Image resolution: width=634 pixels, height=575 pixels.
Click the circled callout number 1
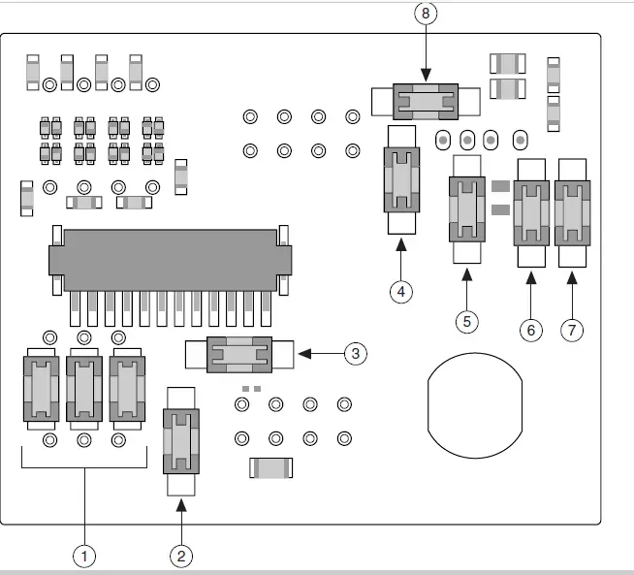click(x=84, y=556)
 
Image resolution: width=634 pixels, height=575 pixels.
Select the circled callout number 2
click(x=181, y=556)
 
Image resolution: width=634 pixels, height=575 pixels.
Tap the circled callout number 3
click(x=356, y=353)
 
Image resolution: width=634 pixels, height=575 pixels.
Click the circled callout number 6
click(x=530, y=330)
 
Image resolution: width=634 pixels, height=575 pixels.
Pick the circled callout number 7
click(x=572, y=330)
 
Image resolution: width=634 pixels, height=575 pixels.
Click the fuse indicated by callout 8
click(x=424, y=99)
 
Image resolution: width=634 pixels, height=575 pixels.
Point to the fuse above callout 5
click(x=467, y=209)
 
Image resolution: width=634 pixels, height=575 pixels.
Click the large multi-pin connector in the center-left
click(x=170, y=261)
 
